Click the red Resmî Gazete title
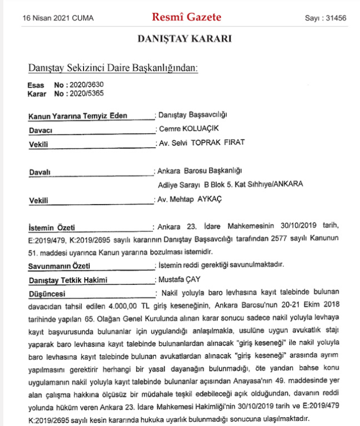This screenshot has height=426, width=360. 186,17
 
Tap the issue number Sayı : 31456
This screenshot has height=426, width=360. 325,18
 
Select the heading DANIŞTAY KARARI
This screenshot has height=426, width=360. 184,39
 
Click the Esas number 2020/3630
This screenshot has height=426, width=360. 84,85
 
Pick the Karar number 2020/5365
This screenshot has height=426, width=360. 84,93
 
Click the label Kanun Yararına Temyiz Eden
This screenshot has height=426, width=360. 78,116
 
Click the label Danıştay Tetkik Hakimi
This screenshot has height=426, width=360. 67,280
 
